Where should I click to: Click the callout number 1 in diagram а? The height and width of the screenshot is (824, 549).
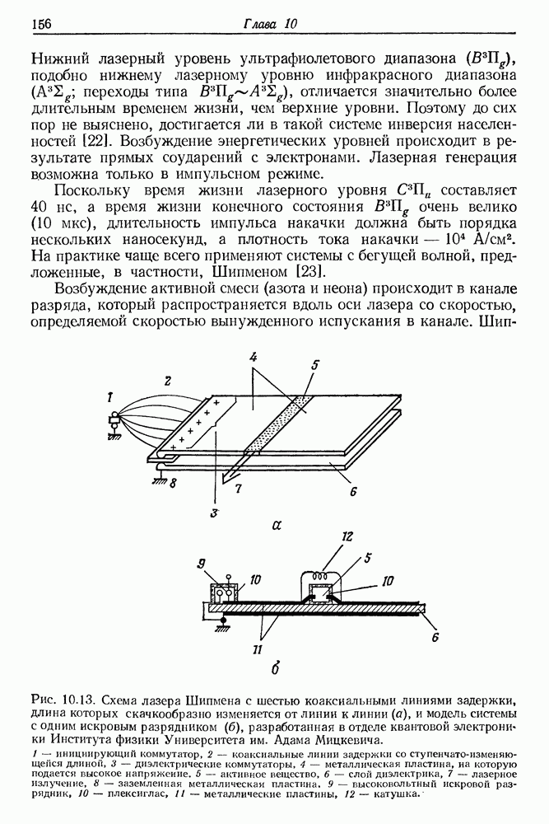tap(110, 397)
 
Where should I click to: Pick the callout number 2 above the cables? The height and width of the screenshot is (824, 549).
tap(167, 381)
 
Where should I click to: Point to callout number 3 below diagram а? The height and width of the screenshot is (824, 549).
tap(212, 512)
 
